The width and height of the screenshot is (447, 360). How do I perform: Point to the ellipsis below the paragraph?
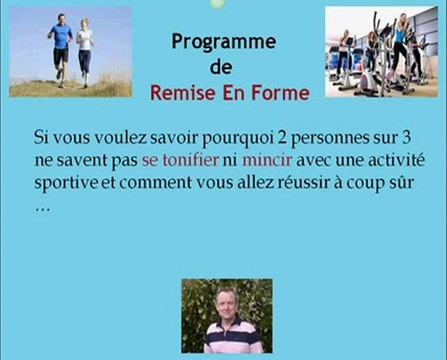pyautogui.click(x=42, y=208)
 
